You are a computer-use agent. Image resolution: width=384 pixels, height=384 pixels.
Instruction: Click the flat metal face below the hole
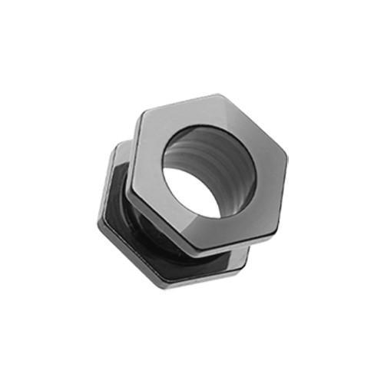click(x=200, y=226)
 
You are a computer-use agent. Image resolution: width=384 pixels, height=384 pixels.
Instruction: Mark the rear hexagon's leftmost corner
click(x=98, y=222)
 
